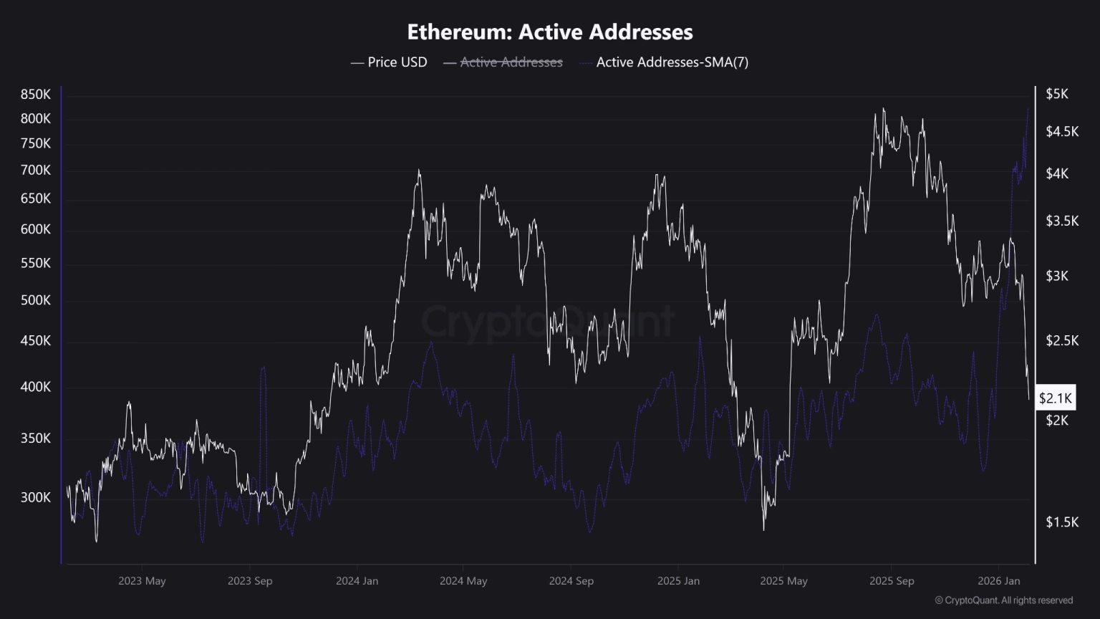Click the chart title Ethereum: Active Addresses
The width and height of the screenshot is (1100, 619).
point(550,32)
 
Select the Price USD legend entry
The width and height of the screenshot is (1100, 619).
point(389,62)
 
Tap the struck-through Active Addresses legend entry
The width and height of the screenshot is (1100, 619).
point(503,62)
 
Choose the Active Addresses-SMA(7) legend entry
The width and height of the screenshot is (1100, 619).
point(664,62)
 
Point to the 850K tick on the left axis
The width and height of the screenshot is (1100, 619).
point(35,95)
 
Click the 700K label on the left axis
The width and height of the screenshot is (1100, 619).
point(35,170)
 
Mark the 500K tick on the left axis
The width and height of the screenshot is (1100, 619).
point(35,300)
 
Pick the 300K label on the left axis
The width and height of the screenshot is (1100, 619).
point(35,498)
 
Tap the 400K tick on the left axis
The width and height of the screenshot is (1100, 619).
point(35,387)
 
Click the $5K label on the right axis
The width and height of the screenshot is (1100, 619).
point(1057,94)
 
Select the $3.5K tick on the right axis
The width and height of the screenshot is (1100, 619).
point(1062,221)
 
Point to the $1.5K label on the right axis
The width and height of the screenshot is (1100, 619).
point(1062,522)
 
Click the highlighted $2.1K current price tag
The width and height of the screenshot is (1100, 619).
point(1056,398)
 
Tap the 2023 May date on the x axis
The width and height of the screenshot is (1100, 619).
point(142,581)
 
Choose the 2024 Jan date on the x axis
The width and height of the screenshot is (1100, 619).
point(357,581)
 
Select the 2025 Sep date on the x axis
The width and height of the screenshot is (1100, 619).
point(892,581)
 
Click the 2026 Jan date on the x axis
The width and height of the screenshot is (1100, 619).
point(999,581)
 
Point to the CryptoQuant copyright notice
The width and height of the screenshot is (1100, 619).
point(1004,600)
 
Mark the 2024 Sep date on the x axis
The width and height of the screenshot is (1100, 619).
point(571,581)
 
